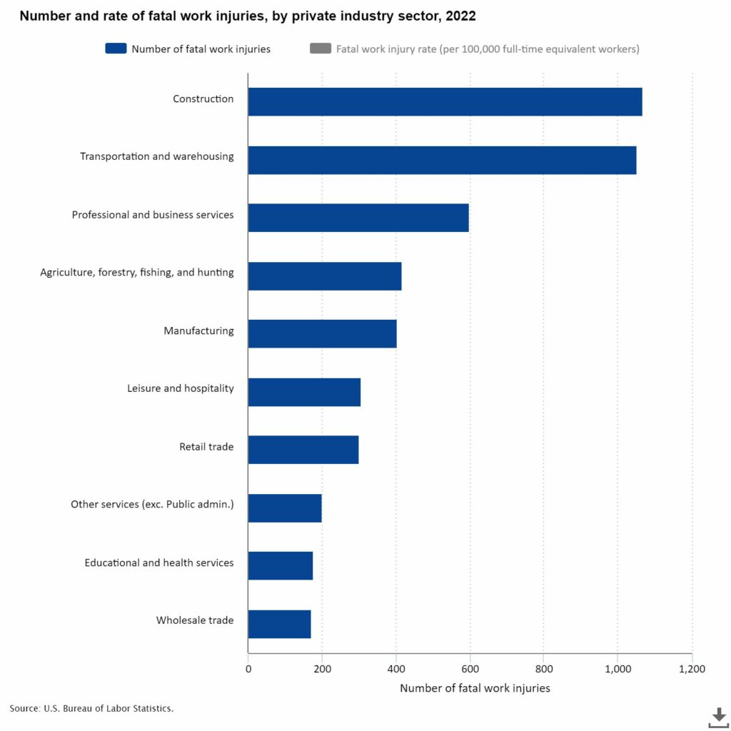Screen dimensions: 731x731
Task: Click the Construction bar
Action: point(445,101)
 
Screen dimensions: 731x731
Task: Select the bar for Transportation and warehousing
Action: point(442,159)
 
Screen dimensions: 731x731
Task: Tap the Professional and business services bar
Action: point(358,217)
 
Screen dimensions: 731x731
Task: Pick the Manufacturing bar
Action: point(322,333)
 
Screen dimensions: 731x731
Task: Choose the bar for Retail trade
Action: point(303,450)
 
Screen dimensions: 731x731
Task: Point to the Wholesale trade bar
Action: point(279,623)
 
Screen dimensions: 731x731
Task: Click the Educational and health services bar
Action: point(280,565)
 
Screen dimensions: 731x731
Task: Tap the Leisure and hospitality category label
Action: point(180,388)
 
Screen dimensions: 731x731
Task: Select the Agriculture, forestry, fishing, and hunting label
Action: point(137,272)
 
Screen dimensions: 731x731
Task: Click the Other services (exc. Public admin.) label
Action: point(152,505)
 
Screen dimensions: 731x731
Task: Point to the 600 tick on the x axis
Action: point(470,669)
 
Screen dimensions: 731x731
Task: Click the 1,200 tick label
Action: point(691,669)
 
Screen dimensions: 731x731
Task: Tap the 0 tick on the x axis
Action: point(248,669)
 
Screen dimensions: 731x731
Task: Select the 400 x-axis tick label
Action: point(396,669)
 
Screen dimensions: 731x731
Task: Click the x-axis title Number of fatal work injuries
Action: point(475,689)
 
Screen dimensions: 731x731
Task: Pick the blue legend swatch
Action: point(116,49)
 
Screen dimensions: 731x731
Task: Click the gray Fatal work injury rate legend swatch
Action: point(321,49)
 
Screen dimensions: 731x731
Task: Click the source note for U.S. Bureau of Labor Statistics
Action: point(91,708)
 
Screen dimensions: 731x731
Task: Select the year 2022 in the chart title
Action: point(460,15)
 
